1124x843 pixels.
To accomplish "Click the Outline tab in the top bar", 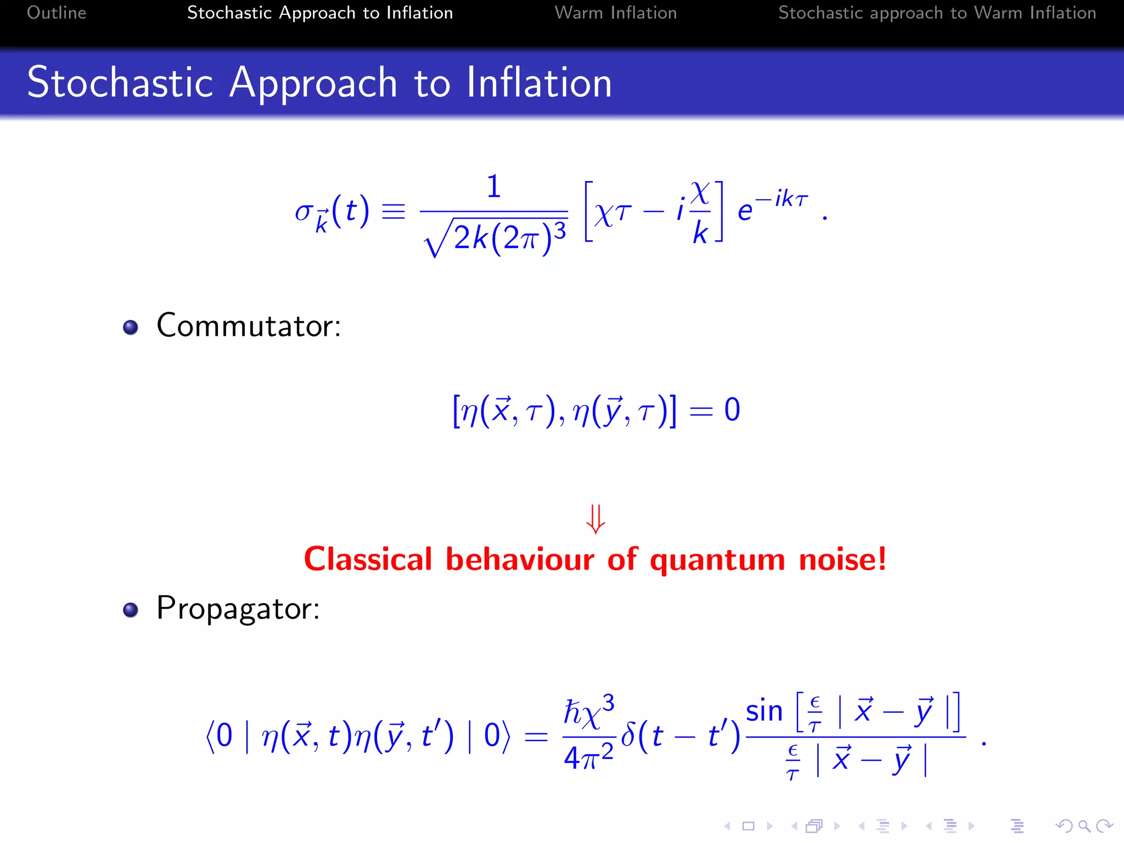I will (57, 13).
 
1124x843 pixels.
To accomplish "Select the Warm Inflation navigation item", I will (615, 13).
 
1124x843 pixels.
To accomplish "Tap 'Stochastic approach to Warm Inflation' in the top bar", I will (937, 13).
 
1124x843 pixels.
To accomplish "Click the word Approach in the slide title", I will (313, 83).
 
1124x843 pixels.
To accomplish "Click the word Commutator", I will (248, 325).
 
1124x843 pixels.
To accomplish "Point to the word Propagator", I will (238, 608).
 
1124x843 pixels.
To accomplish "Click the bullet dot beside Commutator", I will (131, 328).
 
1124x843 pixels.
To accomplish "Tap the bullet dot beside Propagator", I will (131, 610).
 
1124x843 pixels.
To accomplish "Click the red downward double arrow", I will (595, 519).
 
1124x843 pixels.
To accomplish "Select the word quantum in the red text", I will (717, 560).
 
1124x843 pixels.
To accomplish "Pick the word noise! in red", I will (842, 559).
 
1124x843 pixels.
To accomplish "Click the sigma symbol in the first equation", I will (303, 211).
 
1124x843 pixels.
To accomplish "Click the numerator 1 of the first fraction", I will (494, 187).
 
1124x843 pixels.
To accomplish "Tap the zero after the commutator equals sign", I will (732, 410).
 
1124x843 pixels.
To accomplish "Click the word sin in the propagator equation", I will (763, 711).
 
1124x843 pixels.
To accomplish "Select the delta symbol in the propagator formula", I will (628, 734).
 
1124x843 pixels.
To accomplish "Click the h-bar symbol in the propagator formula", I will (574, 712).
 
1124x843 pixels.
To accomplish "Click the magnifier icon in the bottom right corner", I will (1084, 826).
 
